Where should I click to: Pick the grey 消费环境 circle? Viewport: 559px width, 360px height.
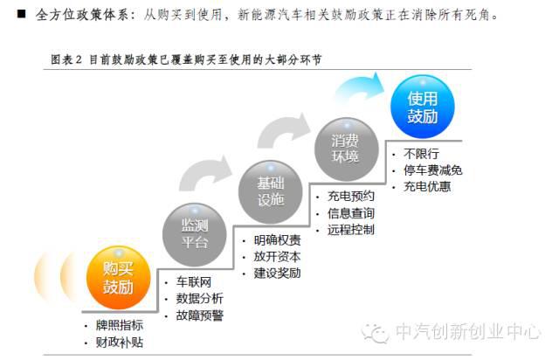[344, 147]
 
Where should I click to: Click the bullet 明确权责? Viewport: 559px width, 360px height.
[277, 239]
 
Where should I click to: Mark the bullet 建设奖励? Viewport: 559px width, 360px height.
[277, 273]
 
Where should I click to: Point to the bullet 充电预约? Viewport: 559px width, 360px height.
[350, 197]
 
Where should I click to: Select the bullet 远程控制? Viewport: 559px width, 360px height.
[350, 230]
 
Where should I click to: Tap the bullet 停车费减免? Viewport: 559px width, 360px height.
[432, 170]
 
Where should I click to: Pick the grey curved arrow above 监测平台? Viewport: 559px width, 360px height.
[208, 175]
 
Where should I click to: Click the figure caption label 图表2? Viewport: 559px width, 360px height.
[66, 59]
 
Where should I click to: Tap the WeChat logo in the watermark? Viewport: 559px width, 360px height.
[377, 332]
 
